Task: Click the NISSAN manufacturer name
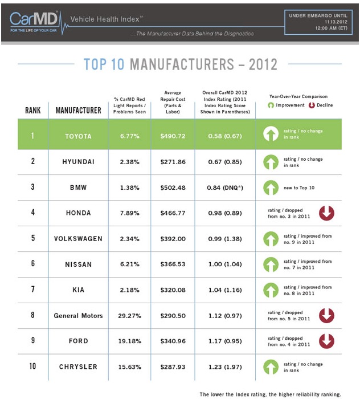tap(79, 264)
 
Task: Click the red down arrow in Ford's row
tap(326, 341)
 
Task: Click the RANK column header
tap(33, 110)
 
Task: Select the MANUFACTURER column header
tap(79, 110)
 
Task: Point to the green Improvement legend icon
tap(271, 105)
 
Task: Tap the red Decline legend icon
tap(311, 105)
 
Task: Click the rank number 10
tap(33, 367)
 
